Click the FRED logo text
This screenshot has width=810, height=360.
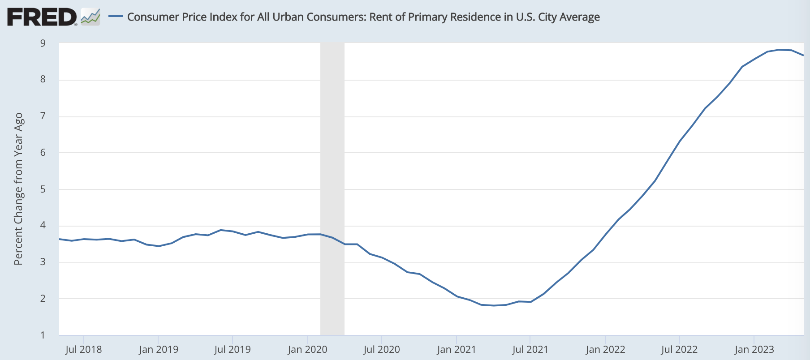click(x=42, y=17)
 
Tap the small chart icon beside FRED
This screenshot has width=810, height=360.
click(x=90, y=17)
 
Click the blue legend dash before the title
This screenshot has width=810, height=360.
click(x=116, y=17)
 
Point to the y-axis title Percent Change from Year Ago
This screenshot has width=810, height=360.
click(x=18, y=189)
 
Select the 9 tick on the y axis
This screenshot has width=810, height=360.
click(x=43, y=43)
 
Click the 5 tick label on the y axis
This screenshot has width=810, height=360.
click(x=43, y=189)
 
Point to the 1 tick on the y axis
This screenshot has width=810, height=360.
click(x=43, y=335)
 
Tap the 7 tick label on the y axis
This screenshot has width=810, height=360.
click(x=43, y=116)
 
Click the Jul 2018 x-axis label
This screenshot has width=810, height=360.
click(x=83, y=349)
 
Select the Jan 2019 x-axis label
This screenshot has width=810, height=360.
click(x=159, y=349)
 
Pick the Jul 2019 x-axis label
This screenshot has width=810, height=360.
click(x=233, y=349)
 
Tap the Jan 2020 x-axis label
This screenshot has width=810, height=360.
click(x=307, y=349)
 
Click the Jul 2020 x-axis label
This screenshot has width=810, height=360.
click(x=381, y=349)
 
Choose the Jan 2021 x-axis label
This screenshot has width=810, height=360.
click(x=457, y=349)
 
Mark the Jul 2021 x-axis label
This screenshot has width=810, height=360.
click(x=530, y=349)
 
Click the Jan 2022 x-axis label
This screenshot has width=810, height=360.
click(x=605, y=349)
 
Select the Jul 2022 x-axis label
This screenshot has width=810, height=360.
click(x=679, y=349)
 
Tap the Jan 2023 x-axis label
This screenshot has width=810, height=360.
click(x=754, y=349)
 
